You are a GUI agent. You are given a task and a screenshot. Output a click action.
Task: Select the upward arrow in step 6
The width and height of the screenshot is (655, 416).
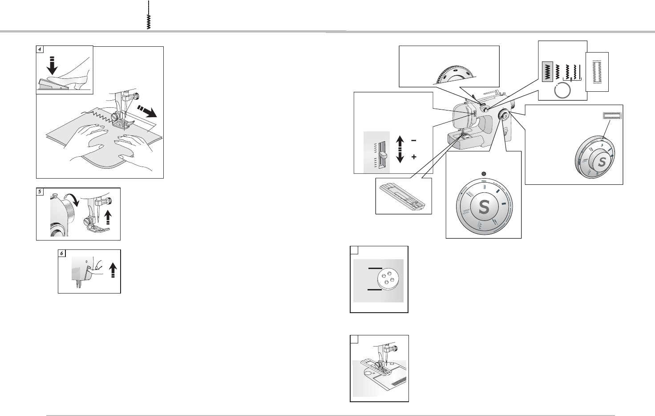click(x=113, y=270)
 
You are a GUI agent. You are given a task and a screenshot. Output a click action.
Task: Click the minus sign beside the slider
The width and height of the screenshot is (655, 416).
click(x=414, y=140)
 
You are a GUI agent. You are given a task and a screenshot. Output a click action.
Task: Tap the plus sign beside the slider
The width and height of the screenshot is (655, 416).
click(x=414, y=157)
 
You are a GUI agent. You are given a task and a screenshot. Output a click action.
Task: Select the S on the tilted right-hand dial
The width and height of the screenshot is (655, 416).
click(x=601, y=162)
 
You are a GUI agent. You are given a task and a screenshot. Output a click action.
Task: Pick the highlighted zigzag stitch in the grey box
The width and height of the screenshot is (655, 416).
click(x=546, y=72)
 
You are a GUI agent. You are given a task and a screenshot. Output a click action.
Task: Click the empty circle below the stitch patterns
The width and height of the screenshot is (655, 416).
click(x=562, y=91)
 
